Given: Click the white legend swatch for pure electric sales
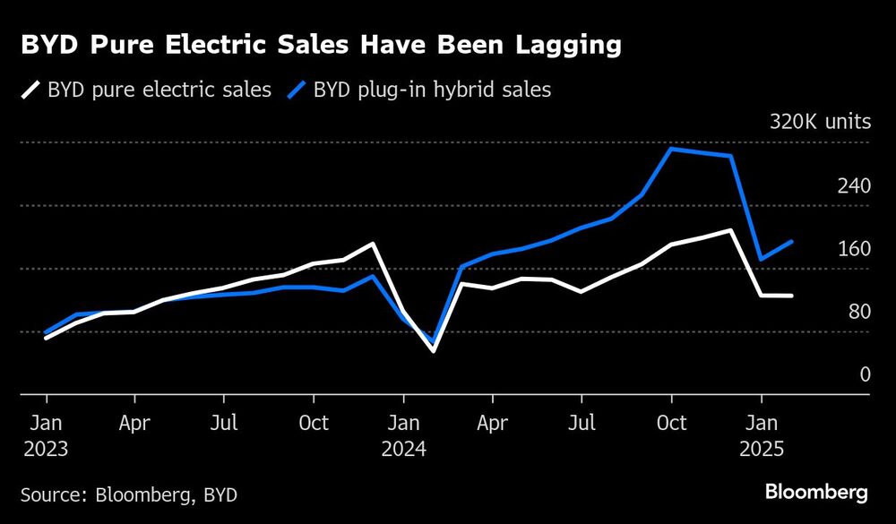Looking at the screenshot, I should click(x=31, y=90).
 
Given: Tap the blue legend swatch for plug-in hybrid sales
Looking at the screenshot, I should click(x=297, y=90).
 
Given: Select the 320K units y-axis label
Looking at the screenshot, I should click(x=820, y=123).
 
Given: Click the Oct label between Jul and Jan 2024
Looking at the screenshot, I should click(x=314, y=422).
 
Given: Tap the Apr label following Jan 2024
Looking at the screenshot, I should click(x=493, y=422).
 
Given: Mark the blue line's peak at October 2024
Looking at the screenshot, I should click(x=671, y=149).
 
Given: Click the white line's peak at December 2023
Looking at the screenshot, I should click(x=373, y=244).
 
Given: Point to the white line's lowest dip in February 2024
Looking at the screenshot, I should click(x=433, y=350).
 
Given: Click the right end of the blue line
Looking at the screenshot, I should click(x=791, y=242).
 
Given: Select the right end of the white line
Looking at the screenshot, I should click(x=791, y=296).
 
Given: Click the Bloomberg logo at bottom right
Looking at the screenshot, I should click(x=815, y=492).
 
